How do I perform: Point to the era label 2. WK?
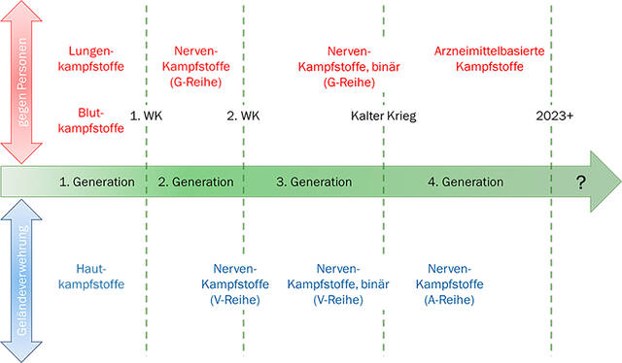click(x=244, y=115)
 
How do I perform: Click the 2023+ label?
click(x=555, y=115)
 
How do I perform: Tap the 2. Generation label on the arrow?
click(x=195, y=181)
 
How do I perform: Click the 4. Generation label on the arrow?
click(x=466, y=181)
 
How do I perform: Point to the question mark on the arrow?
click(x=581, y=181)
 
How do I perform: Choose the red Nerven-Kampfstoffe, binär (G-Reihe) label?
click(x=343, y=67)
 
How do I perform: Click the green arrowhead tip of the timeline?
click(x=614, y=181)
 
